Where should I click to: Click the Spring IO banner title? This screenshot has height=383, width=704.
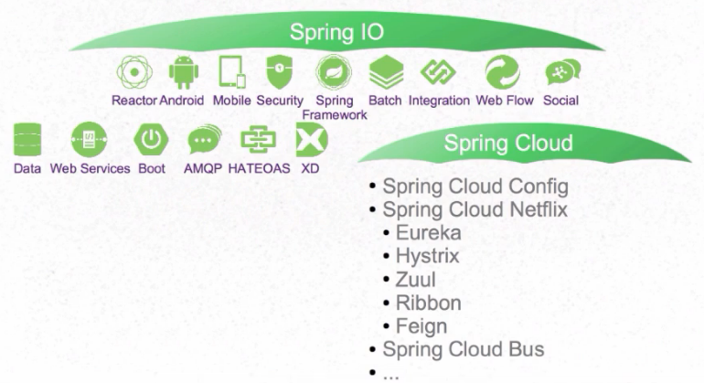(336, 32)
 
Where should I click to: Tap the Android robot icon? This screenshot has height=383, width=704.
(184, 72)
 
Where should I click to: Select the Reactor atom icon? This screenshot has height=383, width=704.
(134, 72)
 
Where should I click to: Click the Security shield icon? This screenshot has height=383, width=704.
(279, 72)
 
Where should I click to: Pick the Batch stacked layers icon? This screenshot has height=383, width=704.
(386, 72)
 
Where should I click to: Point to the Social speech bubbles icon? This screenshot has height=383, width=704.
(562, 72)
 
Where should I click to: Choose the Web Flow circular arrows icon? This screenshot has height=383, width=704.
(503, 72)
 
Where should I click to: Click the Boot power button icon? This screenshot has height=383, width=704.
(151, 140)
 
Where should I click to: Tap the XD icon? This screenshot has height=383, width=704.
(312, 140)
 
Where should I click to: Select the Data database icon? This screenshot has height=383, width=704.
(27, 140)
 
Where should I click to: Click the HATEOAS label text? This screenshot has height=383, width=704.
(259, 168)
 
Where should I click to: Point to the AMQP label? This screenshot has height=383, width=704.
(203, 168)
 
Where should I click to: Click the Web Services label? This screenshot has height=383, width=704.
(90, 168)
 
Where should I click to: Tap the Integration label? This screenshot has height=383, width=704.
(439, 101)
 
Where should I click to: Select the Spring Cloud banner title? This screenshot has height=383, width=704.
(508, 143)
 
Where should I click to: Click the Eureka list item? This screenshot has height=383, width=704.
(428, 232)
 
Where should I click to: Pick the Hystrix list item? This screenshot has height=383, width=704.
(428, 256)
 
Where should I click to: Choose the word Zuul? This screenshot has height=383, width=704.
(415, 280)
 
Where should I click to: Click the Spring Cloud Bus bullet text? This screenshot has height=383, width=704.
(464, 349)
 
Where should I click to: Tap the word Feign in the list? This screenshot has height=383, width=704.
(421, 326)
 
